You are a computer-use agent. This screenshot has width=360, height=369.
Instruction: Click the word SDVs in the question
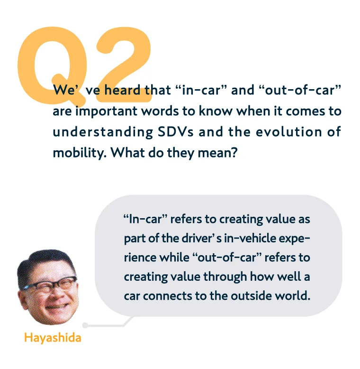coord(176,132)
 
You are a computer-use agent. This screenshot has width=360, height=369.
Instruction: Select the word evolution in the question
coord(289,132)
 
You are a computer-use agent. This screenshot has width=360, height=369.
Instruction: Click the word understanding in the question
coord(103,132)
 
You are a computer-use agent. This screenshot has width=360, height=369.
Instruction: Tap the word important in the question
coord(107,111)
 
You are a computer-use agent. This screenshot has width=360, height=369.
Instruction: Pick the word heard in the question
coord(122,90)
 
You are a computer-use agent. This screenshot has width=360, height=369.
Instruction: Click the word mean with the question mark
coord(217,153)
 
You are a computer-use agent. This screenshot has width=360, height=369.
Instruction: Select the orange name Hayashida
coord(53,338)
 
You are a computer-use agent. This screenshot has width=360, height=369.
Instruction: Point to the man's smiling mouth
coord(58,306)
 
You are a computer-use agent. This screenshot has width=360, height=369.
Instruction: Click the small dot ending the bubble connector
coord(85,325)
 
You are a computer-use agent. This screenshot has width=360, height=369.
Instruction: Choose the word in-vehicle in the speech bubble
coord(250,239)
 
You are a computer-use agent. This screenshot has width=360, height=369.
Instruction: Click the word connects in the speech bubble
coord(168,296)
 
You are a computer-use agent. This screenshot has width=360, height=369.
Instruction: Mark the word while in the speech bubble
coord(174,257)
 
